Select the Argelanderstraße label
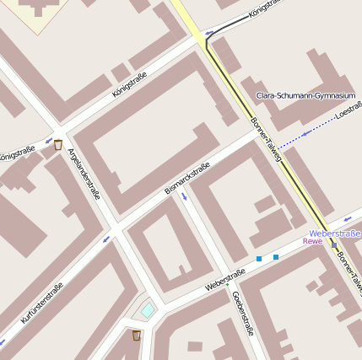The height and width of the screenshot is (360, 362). [x=84, y=174]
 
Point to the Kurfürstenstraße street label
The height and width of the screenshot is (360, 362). [x=41, y=304]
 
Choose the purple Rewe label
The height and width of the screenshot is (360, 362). [x=312, y=241]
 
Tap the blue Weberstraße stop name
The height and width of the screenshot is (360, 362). [x=335, y=232]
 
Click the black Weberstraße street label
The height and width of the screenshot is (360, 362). [x=224, y=279]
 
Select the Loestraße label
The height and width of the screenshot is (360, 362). [x=348, y=113]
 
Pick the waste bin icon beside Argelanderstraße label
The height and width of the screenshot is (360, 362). [x=58, y=144]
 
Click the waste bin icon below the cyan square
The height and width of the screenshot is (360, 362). [x=137, y=335]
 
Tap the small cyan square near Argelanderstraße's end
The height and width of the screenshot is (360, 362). [x=148, y=310]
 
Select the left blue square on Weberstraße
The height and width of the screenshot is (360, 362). [x=259, y=258]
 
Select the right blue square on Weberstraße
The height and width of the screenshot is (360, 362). [x=276, y=256]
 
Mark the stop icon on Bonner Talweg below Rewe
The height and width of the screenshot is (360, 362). [x=335, y=244]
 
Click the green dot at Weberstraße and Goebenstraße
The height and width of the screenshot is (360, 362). [x=227, y=284]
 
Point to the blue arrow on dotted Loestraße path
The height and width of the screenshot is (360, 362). [x=305, y=134]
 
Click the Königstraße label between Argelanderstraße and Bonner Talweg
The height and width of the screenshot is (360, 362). [x=129, y=86]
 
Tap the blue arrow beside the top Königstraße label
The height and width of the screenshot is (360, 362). [x=209, y=34]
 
